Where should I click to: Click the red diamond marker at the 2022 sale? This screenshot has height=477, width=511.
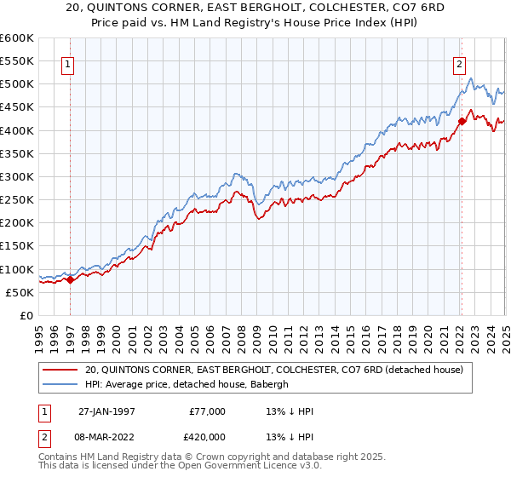(x=462, y=121)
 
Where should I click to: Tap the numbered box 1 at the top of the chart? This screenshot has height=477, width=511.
(x=67, y=62)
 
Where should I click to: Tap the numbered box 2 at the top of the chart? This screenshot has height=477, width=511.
(x=459, y=62)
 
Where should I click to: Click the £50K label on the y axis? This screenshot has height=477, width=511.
(x=20, y=292)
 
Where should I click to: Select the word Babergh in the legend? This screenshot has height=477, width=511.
(x=271, y=384)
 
